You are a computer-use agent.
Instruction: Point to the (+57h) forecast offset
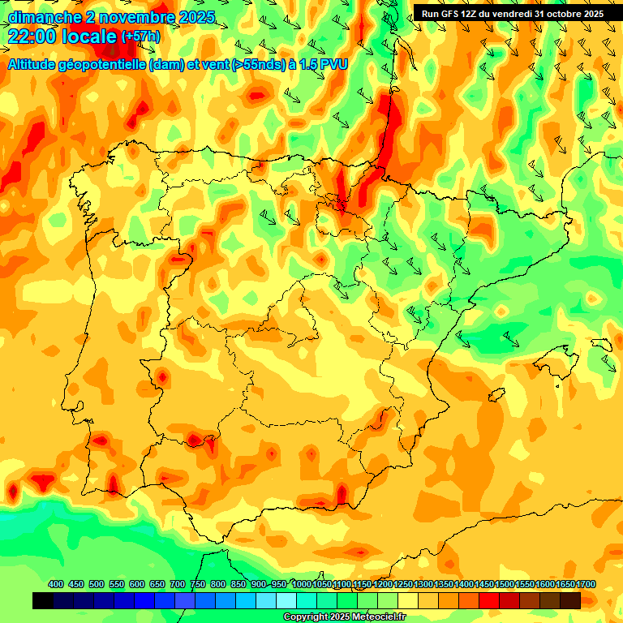140,37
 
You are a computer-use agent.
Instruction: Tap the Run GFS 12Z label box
512,13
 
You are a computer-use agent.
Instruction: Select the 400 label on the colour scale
56,584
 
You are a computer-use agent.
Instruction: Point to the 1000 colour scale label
302,584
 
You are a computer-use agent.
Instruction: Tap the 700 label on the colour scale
178,584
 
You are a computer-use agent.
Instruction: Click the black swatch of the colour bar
43,600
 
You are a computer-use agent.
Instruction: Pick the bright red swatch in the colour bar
489,600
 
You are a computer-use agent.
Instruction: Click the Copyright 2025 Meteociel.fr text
345,617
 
